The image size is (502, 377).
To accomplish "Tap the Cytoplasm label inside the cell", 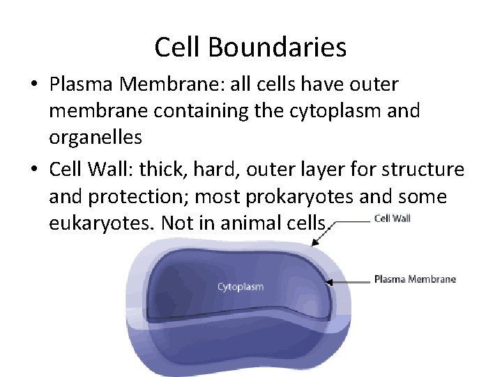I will point(241,287).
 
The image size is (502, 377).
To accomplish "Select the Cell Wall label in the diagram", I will point(393,218).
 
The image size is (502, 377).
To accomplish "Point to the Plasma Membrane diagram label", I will point(415,279).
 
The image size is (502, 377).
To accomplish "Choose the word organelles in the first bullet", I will point(96,138).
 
